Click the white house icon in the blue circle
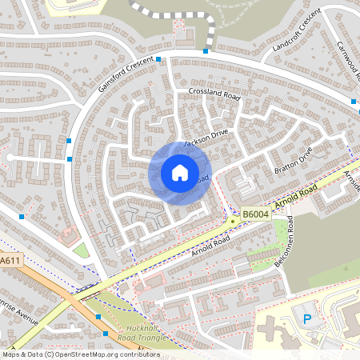(x=179, y=172)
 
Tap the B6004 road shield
(x=255, y=214)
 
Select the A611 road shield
(x=10, y=261)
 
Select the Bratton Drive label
(x=295, y=157)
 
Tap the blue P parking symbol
(x=306, y=319)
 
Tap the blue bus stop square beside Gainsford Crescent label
(x=158, y=59)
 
